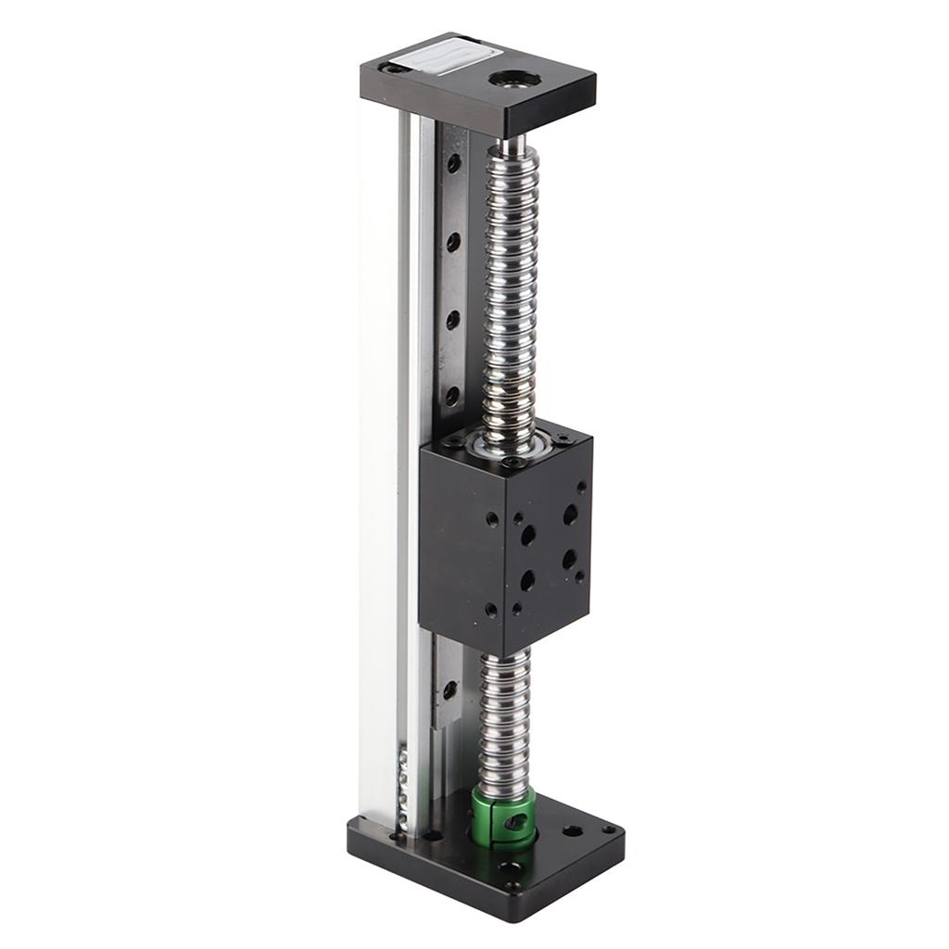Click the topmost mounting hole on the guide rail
coord(453,163)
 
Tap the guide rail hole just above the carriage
coord(452,397)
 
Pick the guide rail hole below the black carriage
coord(449,690)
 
